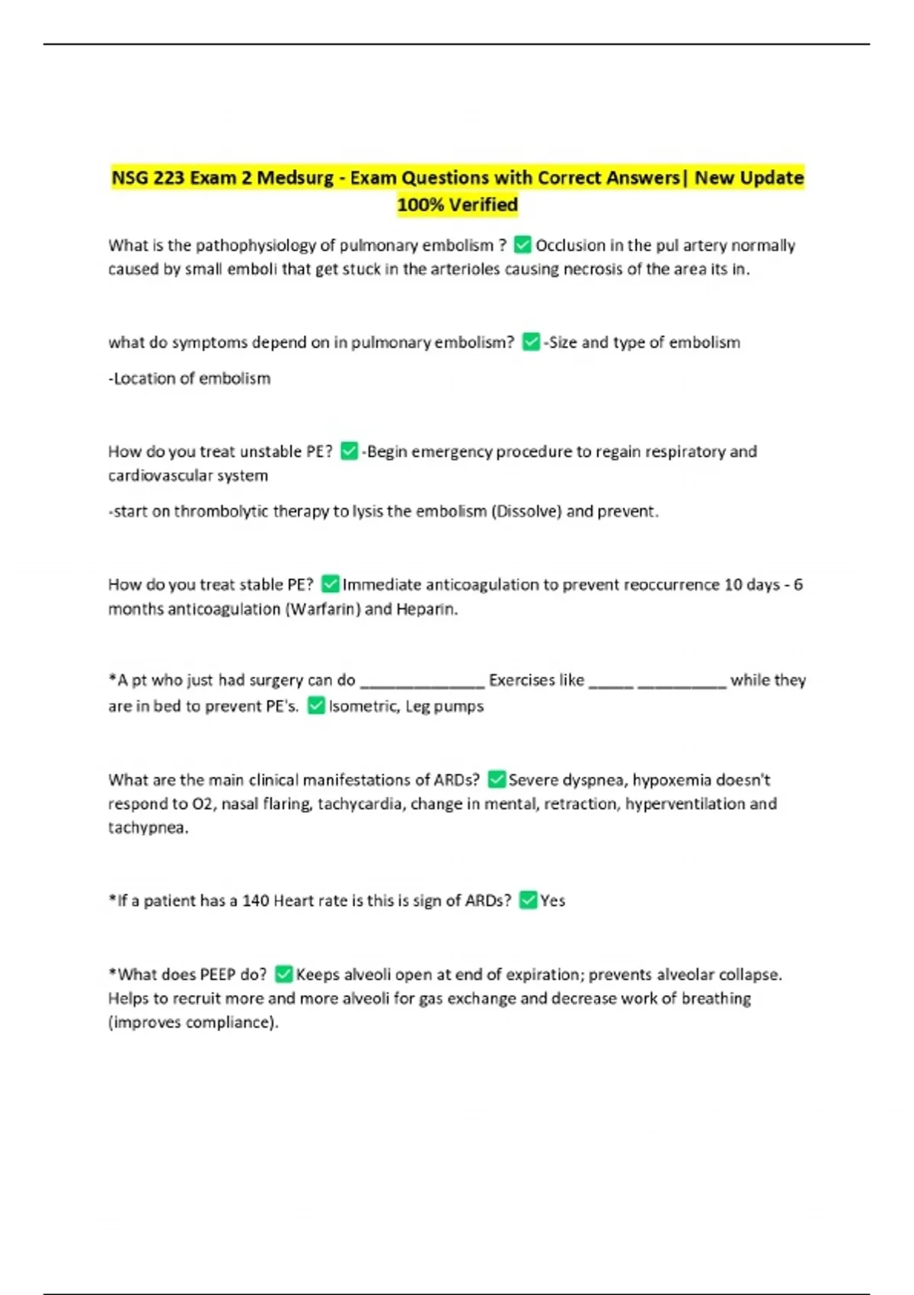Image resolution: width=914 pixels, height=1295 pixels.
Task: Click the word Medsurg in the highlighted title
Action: click(295, 178)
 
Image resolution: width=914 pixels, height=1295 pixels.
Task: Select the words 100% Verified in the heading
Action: click(457, 205)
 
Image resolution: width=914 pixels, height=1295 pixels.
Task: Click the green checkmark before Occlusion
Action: click(523, 245)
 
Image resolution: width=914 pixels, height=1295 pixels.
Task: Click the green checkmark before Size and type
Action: click(531, 342)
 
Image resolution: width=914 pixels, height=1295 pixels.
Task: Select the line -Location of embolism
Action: click(190, 379)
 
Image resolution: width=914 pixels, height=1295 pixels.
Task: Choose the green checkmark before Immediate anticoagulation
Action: click(330, 584)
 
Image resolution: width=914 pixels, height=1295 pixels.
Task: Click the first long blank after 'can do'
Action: click(422, 680)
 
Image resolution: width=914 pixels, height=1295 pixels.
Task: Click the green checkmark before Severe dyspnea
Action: click(496, 779)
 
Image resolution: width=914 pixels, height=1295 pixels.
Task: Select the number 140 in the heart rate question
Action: click(256, 900)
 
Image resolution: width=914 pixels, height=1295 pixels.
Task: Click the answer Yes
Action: click(553, 900)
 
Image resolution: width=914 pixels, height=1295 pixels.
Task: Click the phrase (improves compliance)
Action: click(193, 1022)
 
